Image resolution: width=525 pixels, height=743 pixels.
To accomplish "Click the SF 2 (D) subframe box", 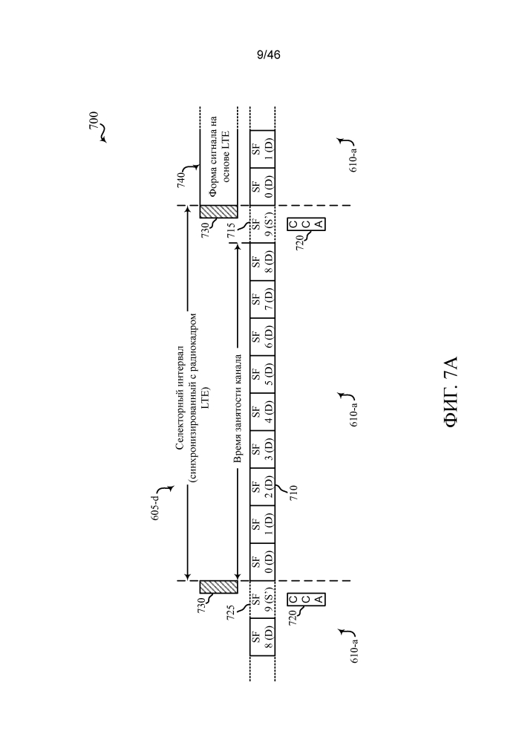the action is click(x=262, y=487).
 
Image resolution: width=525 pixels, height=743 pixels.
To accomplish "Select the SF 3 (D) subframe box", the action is click(x=262, y=450).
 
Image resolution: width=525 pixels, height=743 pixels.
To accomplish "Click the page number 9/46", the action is click(x=268, y=55).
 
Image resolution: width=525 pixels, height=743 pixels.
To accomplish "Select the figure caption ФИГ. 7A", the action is click(x=451, y=392).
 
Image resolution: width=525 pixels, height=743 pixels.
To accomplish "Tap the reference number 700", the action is click(x=94, y=120).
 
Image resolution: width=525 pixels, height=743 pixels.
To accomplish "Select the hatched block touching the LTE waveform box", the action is click(x=218, y=211).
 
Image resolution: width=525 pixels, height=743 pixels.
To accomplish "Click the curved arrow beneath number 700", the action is click(x=102, y=137).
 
